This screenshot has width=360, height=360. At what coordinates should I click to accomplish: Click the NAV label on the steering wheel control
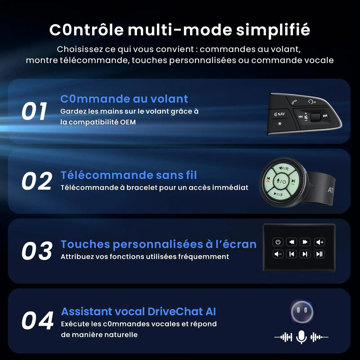[280, 114]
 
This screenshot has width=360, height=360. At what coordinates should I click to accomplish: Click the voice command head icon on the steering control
[312, 102]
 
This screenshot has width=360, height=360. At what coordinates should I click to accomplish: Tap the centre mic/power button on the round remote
[281, 181]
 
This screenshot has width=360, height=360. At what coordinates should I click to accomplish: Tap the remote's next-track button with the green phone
[293, 182]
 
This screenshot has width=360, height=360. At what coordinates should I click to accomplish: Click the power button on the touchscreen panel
[278, 242]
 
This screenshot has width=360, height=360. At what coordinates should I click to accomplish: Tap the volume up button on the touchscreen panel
[320, 242]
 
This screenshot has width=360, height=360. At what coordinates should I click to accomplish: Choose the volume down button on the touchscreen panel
[278, 254]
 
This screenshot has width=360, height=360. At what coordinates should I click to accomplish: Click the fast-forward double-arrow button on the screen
[305, 242]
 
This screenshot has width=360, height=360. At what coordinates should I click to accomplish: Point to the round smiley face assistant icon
[302, 312]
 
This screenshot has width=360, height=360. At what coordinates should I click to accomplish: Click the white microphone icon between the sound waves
[301, 337]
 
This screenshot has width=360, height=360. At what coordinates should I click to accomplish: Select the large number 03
[37, 251]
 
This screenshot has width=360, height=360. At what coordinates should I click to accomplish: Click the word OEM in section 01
[128, 122]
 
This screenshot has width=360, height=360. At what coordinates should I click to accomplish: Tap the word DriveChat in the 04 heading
[175, 311]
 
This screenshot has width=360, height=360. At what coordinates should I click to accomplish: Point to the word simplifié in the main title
[273, 30]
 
